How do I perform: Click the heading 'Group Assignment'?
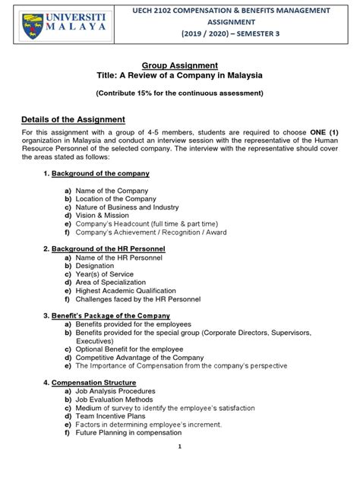[179, 65]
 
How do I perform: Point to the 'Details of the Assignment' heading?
[73, 120]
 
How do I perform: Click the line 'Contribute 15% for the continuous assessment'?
[179, 93]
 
